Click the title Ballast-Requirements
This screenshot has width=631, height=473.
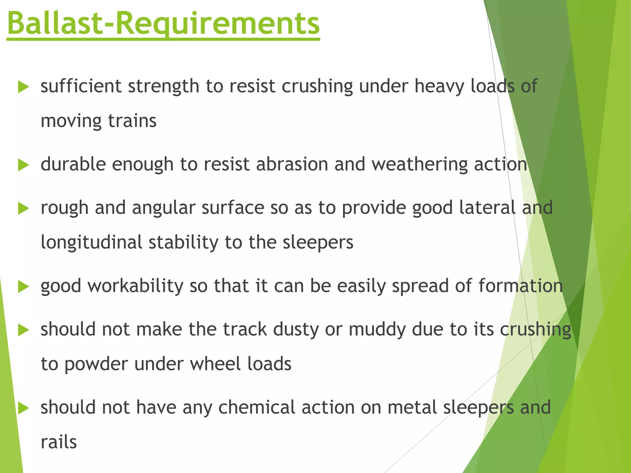click(163, 23)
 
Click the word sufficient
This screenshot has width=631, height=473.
click(81, 86)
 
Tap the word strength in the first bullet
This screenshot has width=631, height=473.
click(163, 87)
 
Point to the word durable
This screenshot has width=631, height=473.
click(73, 164)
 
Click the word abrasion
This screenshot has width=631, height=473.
click(292, 164)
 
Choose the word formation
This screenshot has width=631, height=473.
click(520, 286)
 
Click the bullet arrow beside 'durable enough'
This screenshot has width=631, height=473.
click(23, 165)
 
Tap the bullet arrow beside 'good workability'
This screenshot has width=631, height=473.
click(23, 287)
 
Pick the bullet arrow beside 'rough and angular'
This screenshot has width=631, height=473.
click(23, 208)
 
